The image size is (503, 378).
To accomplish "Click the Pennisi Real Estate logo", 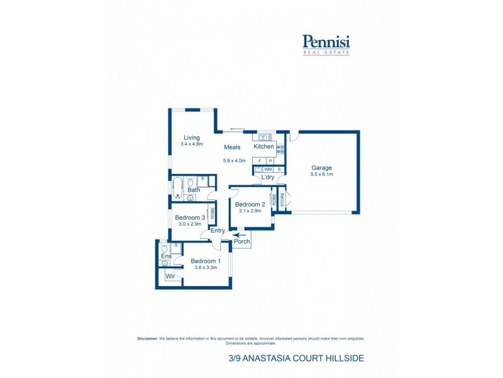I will [x=326, y=43].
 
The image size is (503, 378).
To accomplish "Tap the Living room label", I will [x=191, y=138].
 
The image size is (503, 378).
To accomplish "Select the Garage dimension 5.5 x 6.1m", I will [x=321, y=174].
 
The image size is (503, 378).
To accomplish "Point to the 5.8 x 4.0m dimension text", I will [x=235, y=161].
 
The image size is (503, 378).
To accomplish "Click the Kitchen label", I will [x=263, y=147].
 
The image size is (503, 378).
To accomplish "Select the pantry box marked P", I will [x=270, y=161].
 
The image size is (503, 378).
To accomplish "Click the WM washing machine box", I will [x=268, y=169].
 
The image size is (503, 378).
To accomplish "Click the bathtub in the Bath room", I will [x=177, y=187].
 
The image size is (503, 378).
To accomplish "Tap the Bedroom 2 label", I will [x=250, y=205].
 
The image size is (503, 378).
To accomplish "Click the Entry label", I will [x=218, y=231].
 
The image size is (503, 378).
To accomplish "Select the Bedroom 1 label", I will [x=206, y=261].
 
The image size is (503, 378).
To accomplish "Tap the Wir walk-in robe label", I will [x=170, y=276].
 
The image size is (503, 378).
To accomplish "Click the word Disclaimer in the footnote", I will [x=147, y=338].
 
